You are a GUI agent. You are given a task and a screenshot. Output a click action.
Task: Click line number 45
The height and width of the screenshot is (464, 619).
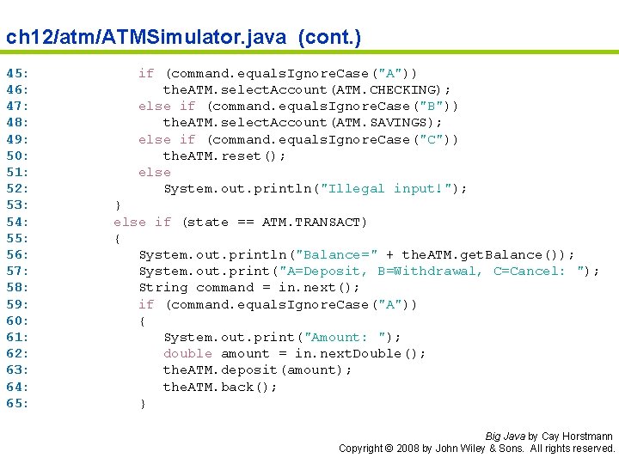click(17, 74)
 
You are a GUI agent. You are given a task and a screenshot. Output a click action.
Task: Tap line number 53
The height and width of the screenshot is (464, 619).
click(17, 205)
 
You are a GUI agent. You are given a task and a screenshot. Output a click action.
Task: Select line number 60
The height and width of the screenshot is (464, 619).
click(17, 321)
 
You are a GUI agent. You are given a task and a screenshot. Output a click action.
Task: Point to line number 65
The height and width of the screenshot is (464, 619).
click(17, 403)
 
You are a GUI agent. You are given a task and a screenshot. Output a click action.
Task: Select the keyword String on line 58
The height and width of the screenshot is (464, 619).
click(163, 288)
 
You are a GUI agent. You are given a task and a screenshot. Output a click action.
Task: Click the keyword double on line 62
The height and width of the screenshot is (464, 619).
click(187, 354)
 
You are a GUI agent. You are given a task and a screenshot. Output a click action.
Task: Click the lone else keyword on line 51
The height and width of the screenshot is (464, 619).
click(155, 173)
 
